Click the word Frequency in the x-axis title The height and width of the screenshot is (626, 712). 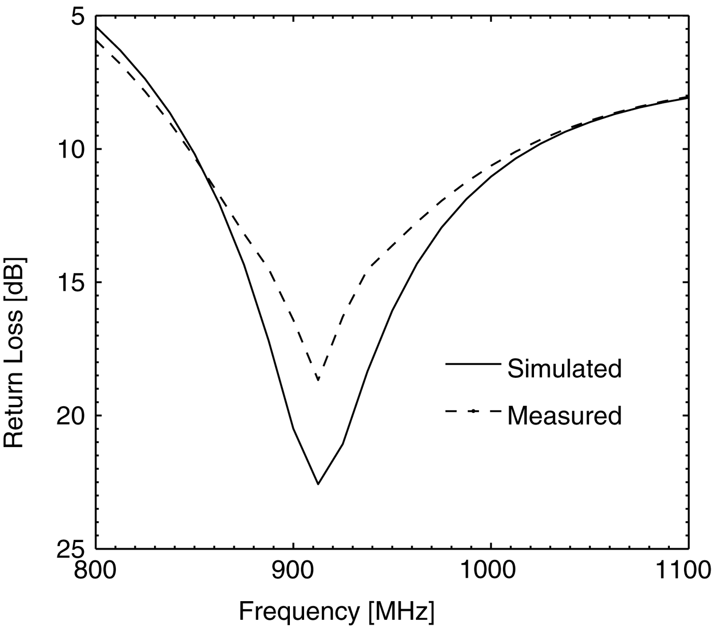(301, 610)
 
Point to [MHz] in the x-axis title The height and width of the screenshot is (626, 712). (402, 610)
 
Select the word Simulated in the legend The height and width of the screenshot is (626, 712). (565, 368)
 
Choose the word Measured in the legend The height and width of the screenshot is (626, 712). (565, 415)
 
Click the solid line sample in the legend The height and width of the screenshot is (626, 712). (473, 364)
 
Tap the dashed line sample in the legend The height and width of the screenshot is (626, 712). (473, 411)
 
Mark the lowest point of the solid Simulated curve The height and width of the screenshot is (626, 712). (318, 484)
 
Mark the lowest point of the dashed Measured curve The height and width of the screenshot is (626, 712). (318, 380)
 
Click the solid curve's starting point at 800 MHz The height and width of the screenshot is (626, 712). (97, 27)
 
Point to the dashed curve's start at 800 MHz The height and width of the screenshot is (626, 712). (97, 40)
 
